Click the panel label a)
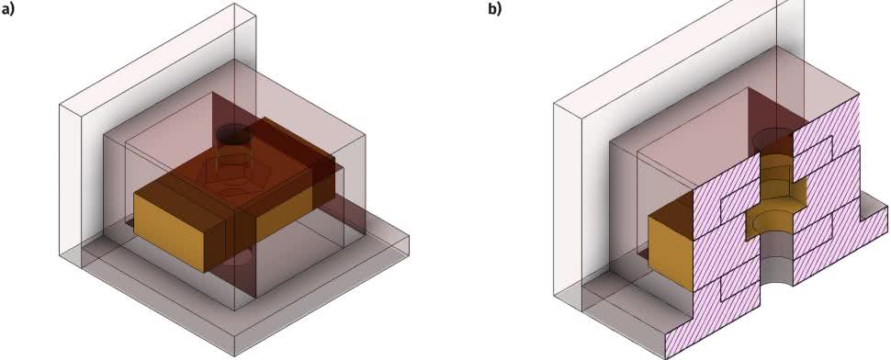coord(7,9)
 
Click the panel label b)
coord(495,9)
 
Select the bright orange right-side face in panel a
coord(283,214)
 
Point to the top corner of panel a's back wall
coord(234,4)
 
